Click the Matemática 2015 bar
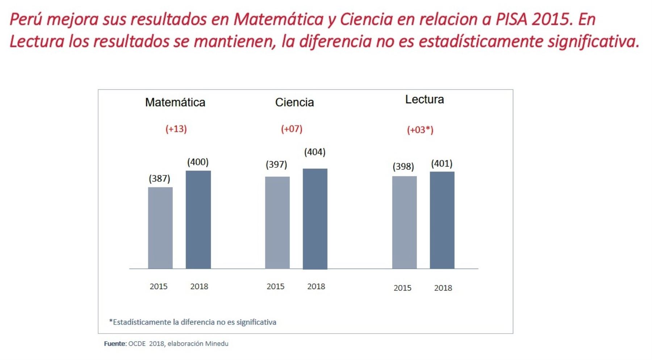(160, 228)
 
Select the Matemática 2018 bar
(198, 219)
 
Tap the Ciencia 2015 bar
(277, 222)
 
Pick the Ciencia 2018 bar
(315, 219)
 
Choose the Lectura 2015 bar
(404, 222)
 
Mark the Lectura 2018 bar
(442, 220)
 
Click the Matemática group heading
(175, 102)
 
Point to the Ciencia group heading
(294, 102)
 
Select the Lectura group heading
(424, 100)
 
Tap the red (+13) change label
(176, 129)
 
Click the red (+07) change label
(292, 129)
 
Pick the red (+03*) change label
(420, 130)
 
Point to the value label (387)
(159, 179)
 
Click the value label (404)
(315, 152)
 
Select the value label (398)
(403, 167)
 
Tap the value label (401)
(442, 164)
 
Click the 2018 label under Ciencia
(316, 286)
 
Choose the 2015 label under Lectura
(402, 288)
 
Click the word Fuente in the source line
(114, 344)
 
